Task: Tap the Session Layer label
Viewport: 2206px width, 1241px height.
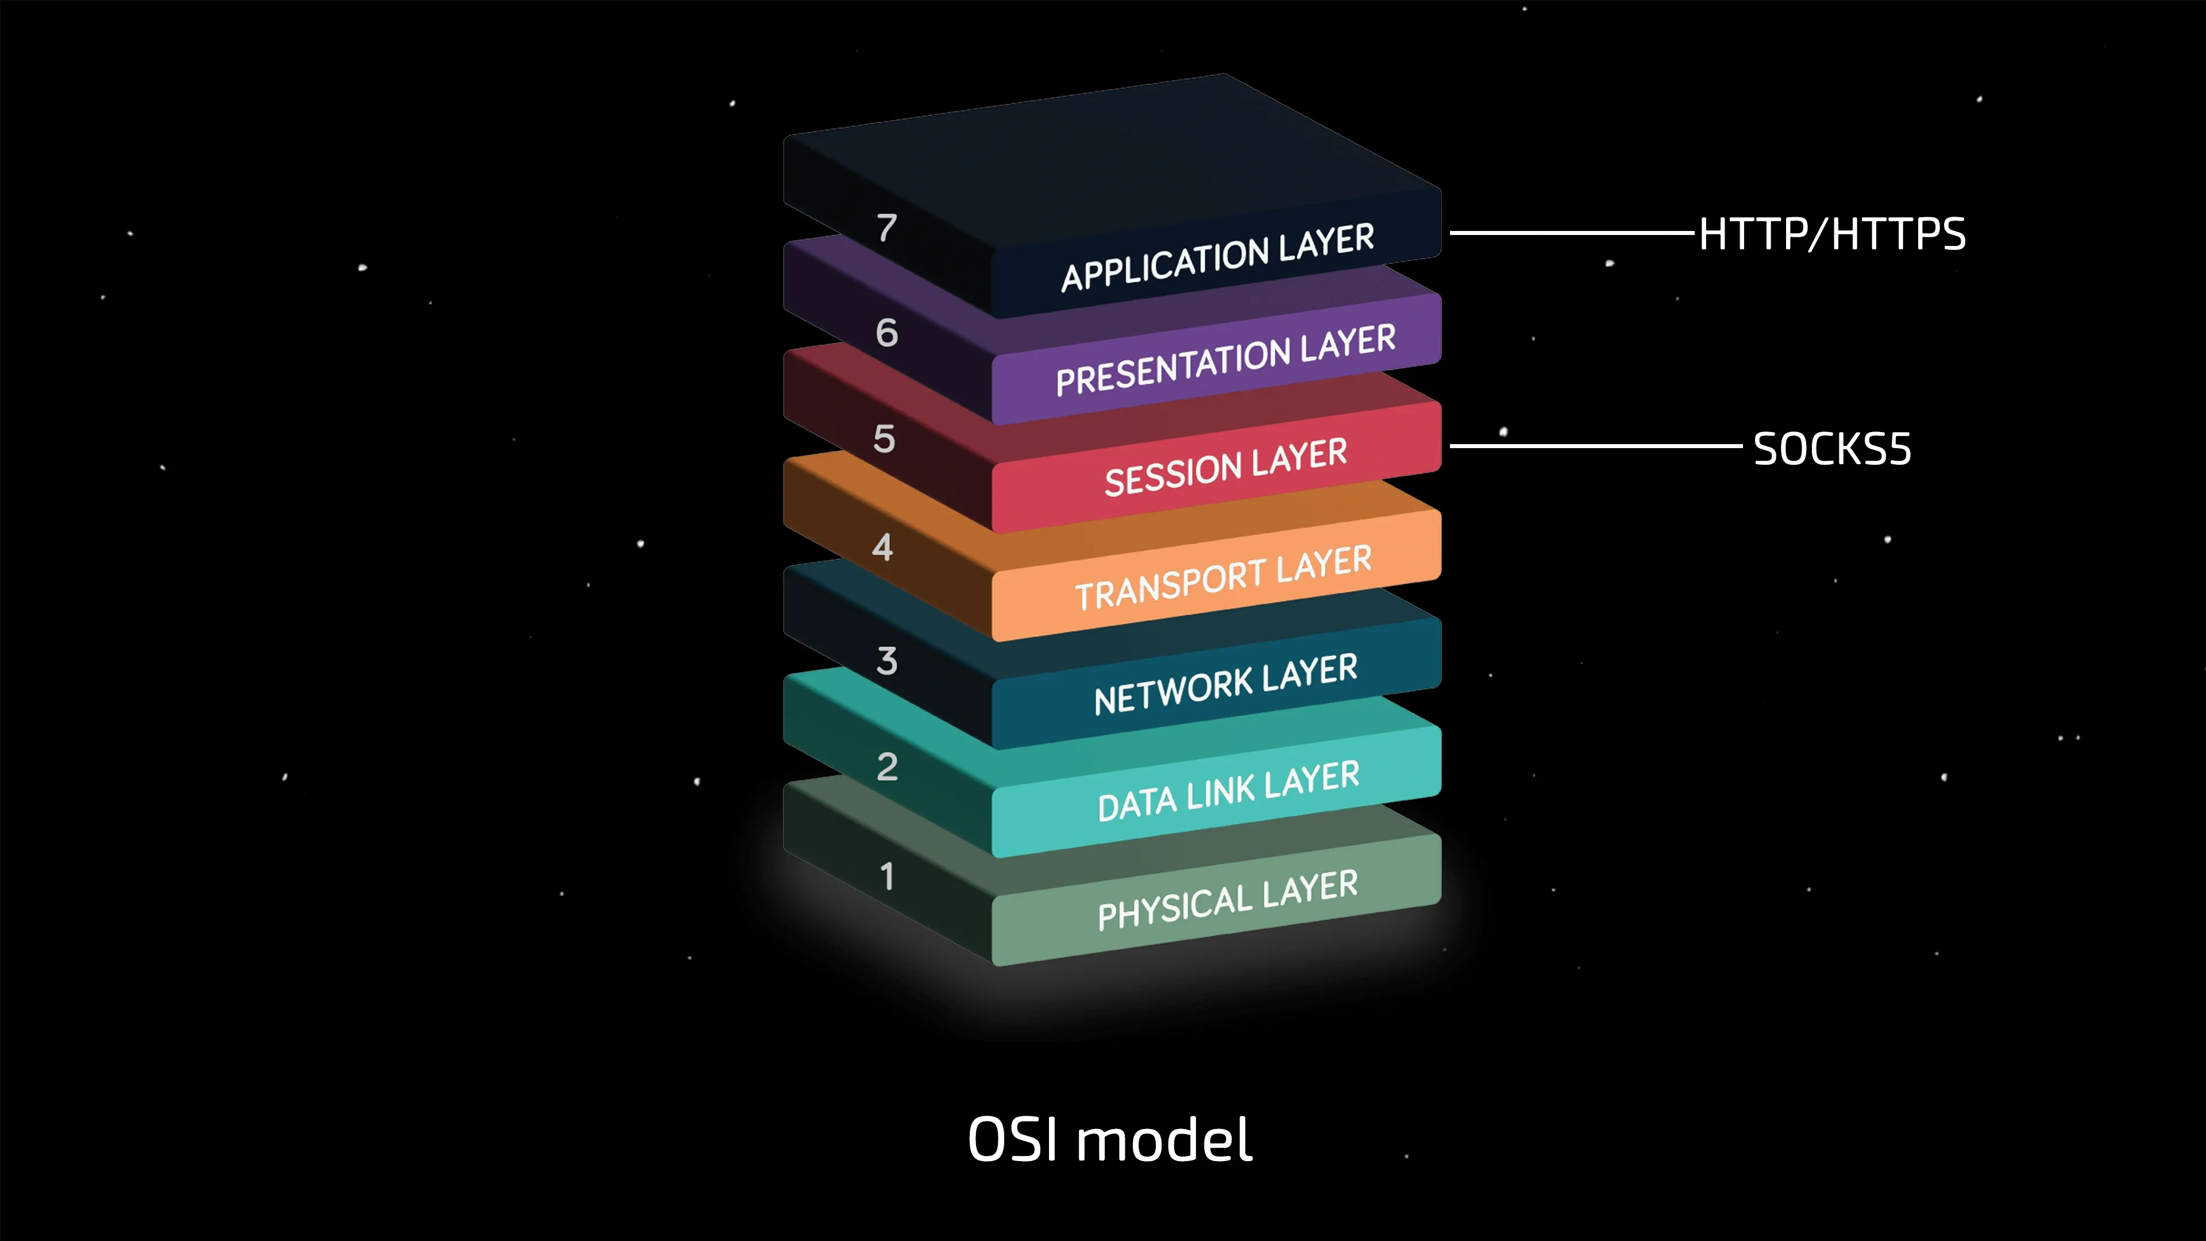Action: tap(1225, 467)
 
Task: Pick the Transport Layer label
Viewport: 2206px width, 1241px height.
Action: tap(1223, 577)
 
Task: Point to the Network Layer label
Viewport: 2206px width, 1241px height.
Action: tap(1225, 684)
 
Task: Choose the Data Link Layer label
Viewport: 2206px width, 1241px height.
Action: tap(1228, 791)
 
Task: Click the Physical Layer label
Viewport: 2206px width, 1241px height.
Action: tap(1227, 899)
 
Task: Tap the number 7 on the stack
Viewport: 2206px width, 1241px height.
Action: tap(886, 228)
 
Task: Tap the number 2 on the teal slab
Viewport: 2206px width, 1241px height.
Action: tap(887, 766)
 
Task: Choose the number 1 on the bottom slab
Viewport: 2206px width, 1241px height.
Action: tap(887, 876)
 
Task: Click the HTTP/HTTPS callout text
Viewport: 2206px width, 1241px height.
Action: tap(1832, 234)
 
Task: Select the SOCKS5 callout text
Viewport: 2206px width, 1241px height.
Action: tap(1832, 449)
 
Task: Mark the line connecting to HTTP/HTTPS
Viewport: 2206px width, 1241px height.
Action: tap(1571, 232)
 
